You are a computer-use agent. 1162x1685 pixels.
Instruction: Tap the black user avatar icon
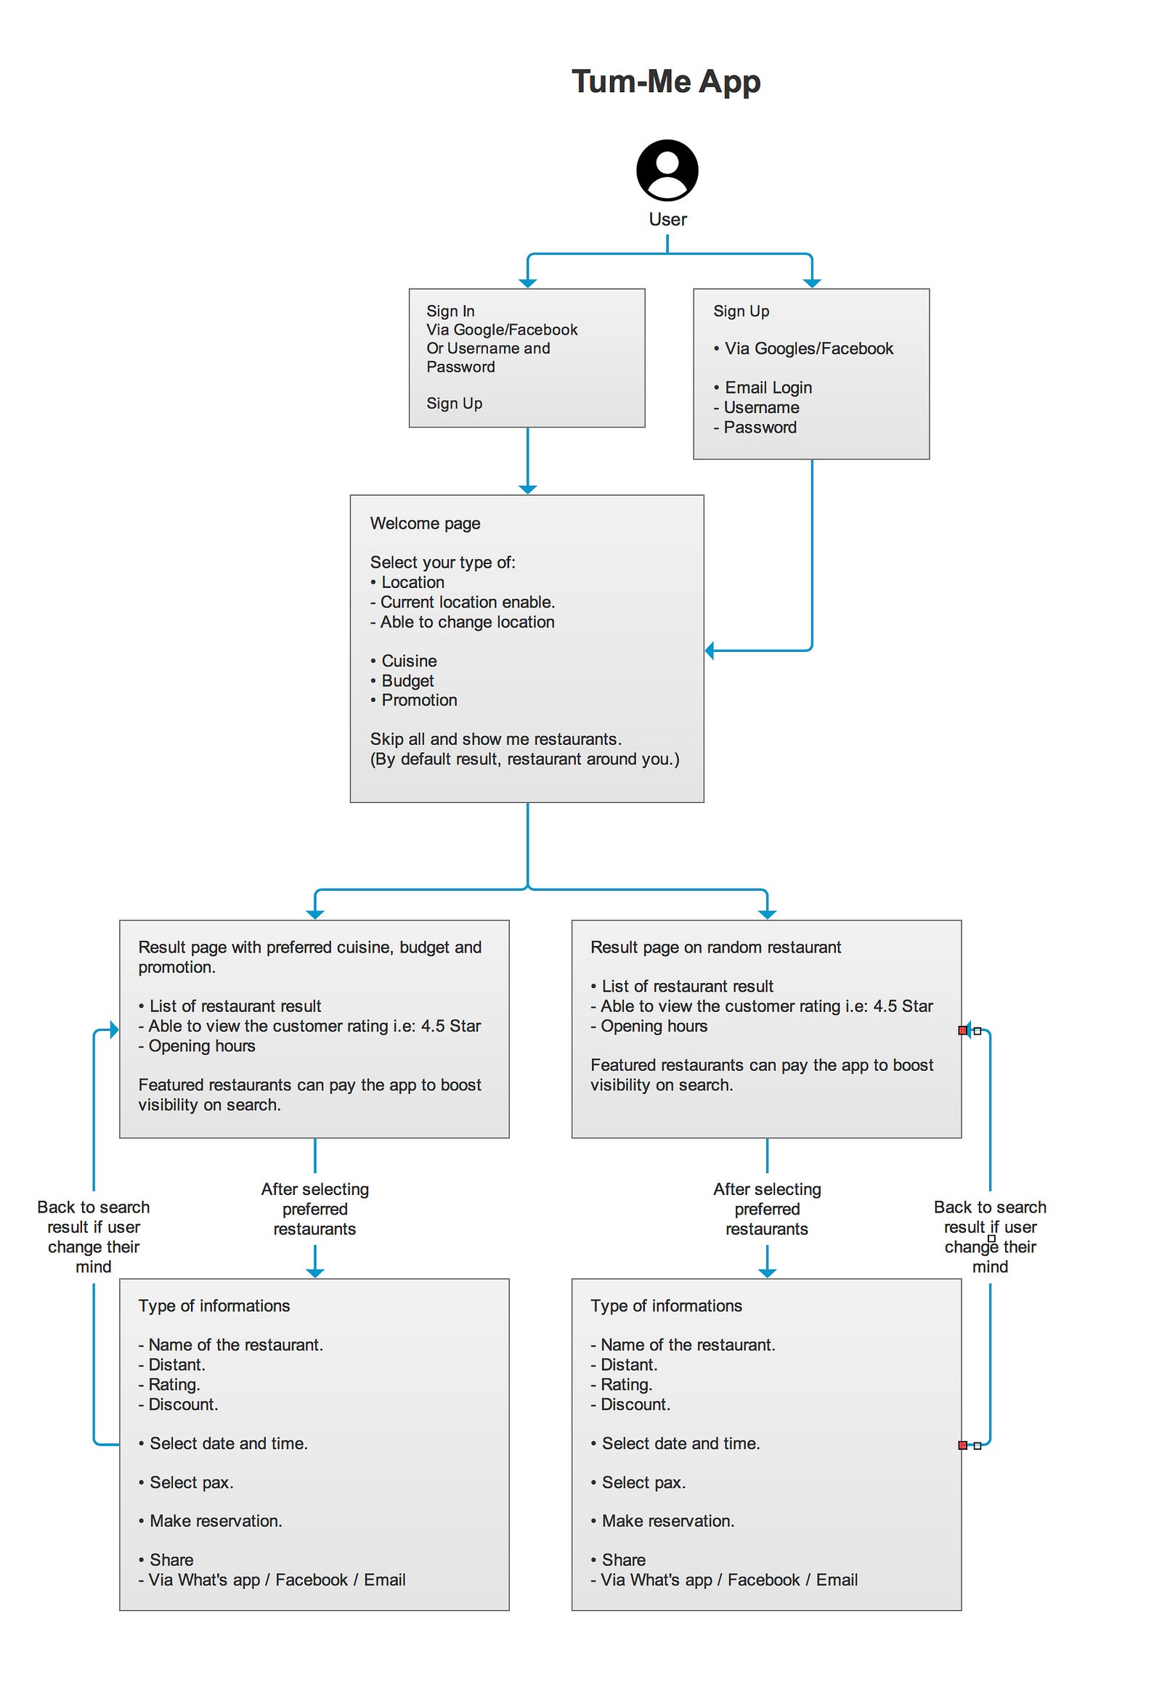point(667,170)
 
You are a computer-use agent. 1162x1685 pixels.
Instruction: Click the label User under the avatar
point(667,219)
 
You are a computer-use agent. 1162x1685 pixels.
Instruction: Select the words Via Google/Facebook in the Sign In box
point(502,330)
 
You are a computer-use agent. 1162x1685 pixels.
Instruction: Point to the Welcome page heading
point(425,523)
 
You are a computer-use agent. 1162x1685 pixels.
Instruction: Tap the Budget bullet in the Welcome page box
point(402,680)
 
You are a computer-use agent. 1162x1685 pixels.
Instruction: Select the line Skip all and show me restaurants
point(496,739)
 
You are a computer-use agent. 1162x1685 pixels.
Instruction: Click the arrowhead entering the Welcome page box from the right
point(710,650)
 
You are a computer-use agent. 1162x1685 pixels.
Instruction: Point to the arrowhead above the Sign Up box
point(812,283)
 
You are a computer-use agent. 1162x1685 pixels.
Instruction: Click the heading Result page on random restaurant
point(715,947)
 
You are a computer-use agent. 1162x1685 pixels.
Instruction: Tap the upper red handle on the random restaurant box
point(962,1030)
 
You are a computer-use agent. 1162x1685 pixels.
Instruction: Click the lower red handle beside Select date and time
point(962,1445)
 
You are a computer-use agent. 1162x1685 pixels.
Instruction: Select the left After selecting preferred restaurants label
point(315,1209)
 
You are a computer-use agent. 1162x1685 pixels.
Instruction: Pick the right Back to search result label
point(990,1236)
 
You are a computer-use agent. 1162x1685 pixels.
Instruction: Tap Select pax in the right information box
point(638,1482)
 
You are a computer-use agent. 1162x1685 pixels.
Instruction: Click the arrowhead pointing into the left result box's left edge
point(113,1029)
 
